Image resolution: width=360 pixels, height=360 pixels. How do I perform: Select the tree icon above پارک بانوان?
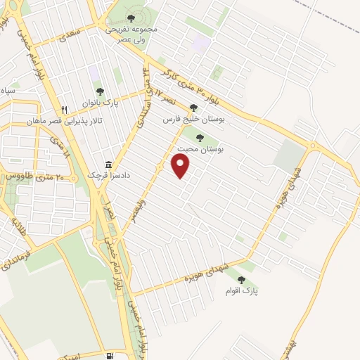coord(100,91)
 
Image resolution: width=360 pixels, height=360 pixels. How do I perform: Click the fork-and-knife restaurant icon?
coord(65,110)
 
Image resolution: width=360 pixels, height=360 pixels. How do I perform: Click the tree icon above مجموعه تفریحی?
coord(130,18)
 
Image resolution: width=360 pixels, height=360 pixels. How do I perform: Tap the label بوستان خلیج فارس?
coord(193,120)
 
